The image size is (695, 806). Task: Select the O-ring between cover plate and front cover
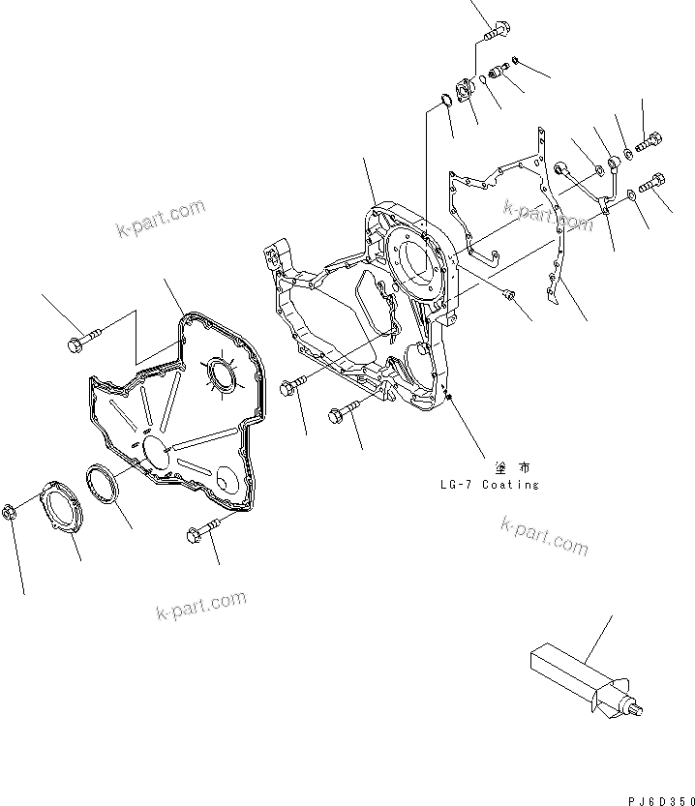(102, 484)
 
